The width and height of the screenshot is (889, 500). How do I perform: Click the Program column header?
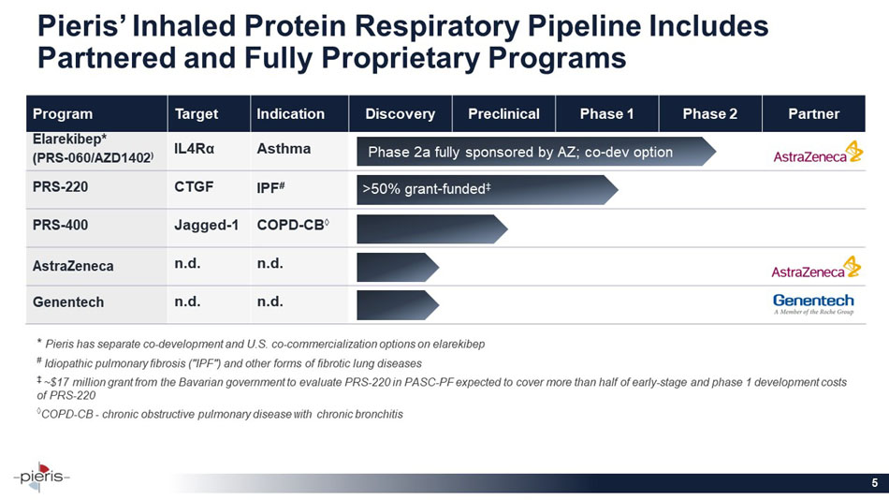(x=63, y=114)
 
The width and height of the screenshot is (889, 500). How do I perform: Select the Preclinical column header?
(x=503, y=114)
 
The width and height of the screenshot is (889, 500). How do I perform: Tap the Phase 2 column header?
(x=709, y=114)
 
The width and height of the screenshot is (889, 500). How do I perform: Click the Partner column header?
(x=813, y=114)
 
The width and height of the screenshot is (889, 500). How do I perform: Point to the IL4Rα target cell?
(x=194, y=149)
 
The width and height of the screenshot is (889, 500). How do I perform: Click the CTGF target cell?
(x=193, y=186)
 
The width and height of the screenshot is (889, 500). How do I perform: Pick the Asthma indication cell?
(x=284, y=149)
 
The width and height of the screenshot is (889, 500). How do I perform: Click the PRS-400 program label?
(x=61, y=226)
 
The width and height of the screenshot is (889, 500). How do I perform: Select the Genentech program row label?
(x=68, y=303)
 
